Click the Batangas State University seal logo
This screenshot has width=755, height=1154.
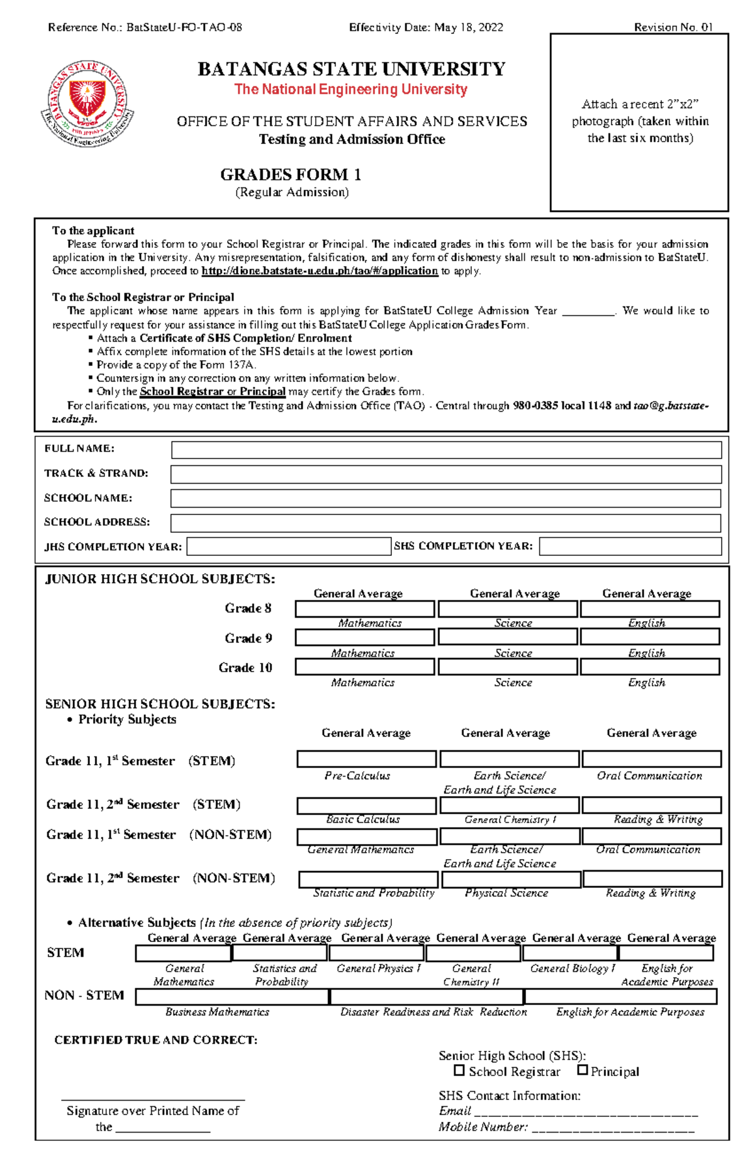87,104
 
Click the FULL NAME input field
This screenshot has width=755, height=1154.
446,450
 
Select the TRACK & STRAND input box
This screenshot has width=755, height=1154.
446,474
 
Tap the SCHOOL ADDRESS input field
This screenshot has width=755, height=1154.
446,523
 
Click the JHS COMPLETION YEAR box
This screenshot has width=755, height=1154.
289,546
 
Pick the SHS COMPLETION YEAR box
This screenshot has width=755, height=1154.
630,546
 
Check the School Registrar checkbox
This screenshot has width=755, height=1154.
459,1070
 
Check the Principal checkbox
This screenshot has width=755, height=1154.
583,1070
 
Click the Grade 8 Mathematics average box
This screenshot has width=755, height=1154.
365,609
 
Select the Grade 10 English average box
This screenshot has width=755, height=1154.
650,667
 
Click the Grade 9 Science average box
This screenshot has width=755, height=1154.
508,637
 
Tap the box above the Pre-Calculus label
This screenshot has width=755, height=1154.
366,759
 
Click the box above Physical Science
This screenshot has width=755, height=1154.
510,879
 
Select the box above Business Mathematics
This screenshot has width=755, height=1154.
232,996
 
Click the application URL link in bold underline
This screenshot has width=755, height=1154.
320,271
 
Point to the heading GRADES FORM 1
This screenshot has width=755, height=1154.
291,174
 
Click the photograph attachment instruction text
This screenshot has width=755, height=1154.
640,121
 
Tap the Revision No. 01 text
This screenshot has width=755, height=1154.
673,27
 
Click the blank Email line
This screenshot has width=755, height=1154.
586,1111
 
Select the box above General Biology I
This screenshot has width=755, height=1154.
570,953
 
